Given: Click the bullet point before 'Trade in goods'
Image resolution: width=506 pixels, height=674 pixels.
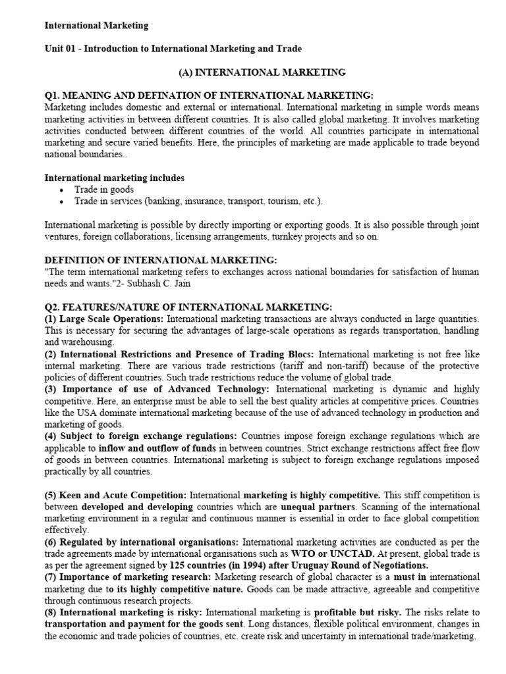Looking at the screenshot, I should coord(61,190).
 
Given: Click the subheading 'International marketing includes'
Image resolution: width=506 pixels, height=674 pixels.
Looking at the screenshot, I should coord(114,178).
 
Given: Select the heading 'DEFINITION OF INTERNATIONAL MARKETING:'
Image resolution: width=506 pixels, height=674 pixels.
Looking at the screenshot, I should coord(161,260).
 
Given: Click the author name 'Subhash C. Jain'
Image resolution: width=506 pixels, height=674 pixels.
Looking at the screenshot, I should coord(155,283).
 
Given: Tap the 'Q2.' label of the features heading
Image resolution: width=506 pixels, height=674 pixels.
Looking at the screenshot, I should coord(52,307).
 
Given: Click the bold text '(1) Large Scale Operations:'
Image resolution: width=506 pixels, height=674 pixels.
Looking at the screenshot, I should coord(104,319).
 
